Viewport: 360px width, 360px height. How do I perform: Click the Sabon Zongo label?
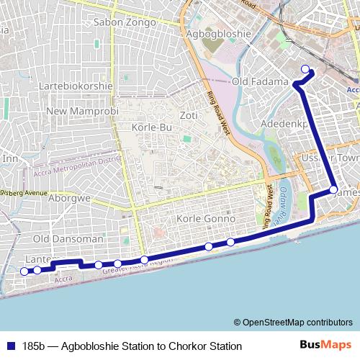125,22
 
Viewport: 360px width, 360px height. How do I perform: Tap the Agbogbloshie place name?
218,34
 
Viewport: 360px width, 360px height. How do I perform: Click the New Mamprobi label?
76,112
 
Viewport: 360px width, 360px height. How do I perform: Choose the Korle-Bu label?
150,127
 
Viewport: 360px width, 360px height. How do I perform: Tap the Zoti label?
189,115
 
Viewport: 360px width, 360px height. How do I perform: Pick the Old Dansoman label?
68,238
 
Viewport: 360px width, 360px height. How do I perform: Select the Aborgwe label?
70,198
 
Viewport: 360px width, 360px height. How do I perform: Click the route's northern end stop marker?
305,69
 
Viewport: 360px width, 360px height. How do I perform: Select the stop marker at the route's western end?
24,271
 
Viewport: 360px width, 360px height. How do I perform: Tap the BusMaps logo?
325,346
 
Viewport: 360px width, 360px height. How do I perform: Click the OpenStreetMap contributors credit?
293,323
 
